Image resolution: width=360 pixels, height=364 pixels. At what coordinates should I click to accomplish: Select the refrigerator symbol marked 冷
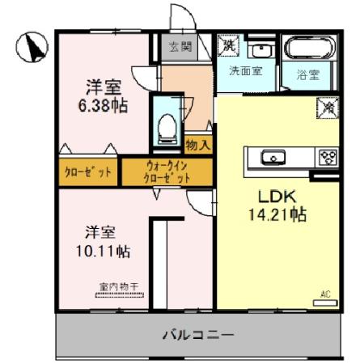click(329, 105)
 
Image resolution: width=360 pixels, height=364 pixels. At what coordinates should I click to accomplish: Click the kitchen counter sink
click(270, 156)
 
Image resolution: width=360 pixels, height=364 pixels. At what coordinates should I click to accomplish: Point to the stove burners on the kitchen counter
click(328, 157)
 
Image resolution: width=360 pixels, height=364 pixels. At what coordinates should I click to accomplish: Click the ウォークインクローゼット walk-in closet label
click(167, 171)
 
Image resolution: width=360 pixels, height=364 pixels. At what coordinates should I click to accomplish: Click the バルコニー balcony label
click(197, 333)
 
